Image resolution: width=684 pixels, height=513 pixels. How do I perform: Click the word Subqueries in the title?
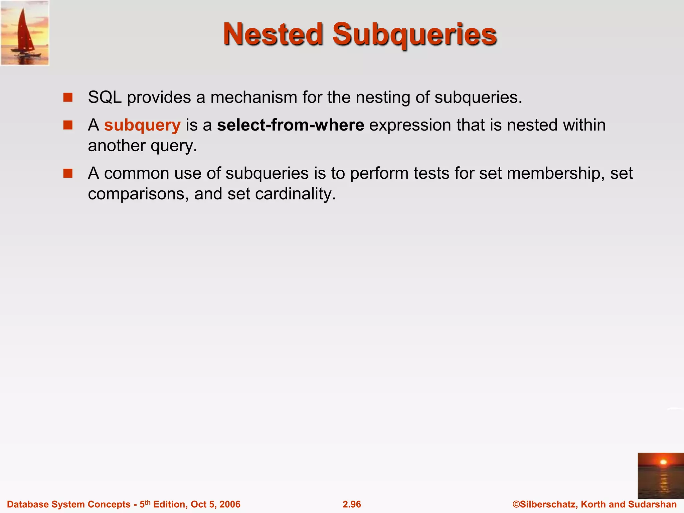pos(414,35)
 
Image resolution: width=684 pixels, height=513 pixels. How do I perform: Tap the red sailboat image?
pos(25,33)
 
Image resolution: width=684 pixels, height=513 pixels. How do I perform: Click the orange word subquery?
pos(142,125)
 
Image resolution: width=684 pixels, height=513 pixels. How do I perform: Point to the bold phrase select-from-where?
pos(291,125)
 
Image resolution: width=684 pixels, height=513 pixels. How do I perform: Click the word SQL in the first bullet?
pos(105,98)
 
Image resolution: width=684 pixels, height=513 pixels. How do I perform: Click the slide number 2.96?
pos(352,504)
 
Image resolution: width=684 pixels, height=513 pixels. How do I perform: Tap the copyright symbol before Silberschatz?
pos(516,504)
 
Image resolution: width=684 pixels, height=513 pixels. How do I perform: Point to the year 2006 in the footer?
pos(230,504)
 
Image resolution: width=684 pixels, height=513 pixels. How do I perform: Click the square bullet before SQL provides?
pos(68,98)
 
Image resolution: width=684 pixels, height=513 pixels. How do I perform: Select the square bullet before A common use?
pos(68,173)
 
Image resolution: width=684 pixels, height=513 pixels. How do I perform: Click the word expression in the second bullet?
pos(410,125)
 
